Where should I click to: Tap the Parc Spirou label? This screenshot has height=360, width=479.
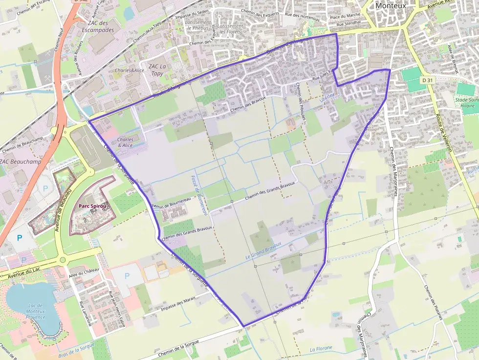pos(93,206)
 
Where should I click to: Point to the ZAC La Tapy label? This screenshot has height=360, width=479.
pos(156,69)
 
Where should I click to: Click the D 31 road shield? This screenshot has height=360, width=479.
pos(427,80)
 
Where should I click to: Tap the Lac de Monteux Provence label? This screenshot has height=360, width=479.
pos(35,311)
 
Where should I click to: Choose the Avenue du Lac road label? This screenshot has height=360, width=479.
pos(24,274)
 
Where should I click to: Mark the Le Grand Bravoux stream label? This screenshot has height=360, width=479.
pos(263,250)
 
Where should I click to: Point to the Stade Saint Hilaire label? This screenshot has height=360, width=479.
pos(467,105)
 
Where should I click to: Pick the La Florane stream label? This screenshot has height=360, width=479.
pos(321,349)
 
